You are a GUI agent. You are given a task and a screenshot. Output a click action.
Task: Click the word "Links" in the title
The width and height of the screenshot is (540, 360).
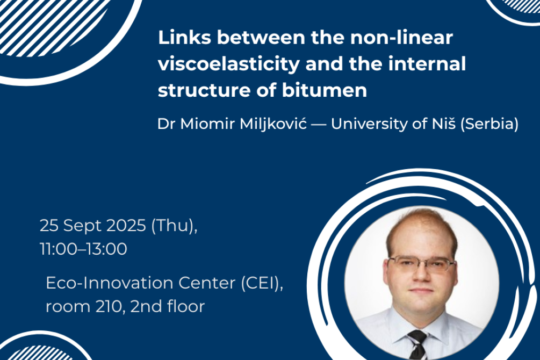pyautogui.click(x=184, y=37)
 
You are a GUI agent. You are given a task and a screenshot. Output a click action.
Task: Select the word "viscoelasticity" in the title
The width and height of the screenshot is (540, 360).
pyautogui.click(x=229, y=64)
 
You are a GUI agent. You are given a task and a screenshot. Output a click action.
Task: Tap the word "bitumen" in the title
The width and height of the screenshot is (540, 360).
pyautogui.click(x=325, y=90)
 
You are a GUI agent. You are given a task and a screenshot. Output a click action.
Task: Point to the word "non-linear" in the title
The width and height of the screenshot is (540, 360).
pyautogui.click(x=401, y=37)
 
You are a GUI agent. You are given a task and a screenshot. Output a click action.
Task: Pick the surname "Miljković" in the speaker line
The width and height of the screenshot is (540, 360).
pyautogui.click(x=273, y=124)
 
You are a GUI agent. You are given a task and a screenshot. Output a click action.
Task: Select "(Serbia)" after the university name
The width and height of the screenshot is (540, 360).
pyautogui.click(x=489, y=124)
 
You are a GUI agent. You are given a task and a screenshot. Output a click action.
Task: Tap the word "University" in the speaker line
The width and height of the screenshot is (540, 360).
pyautogui.click(x=369, y=124)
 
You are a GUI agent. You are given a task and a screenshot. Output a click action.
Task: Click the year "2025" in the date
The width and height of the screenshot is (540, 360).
pyautogui.click(x=126, y=226)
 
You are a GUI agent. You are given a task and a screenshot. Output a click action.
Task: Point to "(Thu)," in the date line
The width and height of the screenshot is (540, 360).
pyautogui.click(x=174, y=226)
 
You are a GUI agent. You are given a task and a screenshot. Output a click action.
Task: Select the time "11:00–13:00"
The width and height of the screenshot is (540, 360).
pyautogui.click(x=83, y=249)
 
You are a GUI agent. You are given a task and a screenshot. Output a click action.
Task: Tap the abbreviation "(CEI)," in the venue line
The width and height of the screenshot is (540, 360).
pyautogui.click(x=262, y=284)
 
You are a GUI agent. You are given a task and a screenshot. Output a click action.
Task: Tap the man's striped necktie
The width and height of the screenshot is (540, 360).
pyautogui.click(x=417, y=345)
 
